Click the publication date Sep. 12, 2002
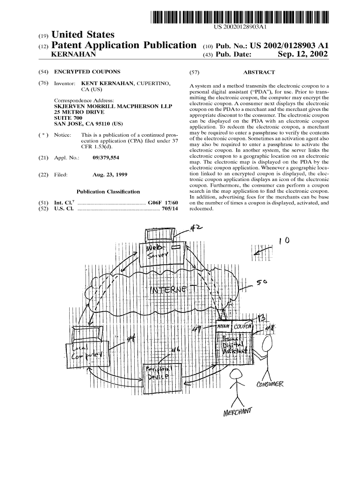(x=302, y=55)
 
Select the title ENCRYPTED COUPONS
(x=87, y=72)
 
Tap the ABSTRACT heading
(x=259, y=73)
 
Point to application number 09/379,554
(x=106, y=158)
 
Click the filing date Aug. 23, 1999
(x=110, y=175)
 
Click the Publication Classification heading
(x=108, y=191)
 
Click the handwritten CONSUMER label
(x=271, y=385)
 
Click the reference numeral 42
(x=196, y=228)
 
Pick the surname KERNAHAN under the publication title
(x=75, y=55)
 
